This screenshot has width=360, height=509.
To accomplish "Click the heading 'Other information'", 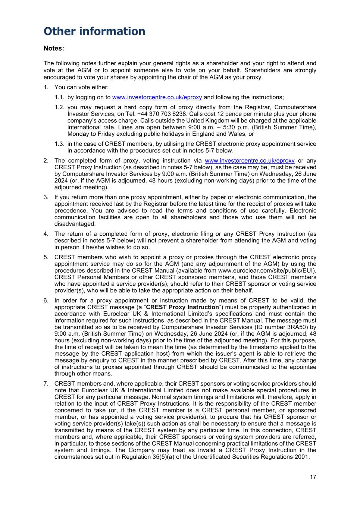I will [x=94, y=31].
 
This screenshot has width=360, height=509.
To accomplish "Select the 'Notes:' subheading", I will [x=54, y=48].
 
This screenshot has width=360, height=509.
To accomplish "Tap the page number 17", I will [x=313, y=477].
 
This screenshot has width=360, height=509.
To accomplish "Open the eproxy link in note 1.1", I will [x=157, y=97].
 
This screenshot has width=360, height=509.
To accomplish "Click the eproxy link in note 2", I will [x=250, y=161].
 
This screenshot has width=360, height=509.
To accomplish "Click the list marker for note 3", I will [x=46, y=197].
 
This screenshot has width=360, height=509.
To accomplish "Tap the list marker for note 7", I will [x=46, y=384].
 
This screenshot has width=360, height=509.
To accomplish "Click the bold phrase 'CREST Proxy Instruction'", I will [x=182, y=307].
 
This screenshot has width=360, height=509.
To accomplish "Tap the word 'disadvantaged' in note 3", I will [x=75, y=224].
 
